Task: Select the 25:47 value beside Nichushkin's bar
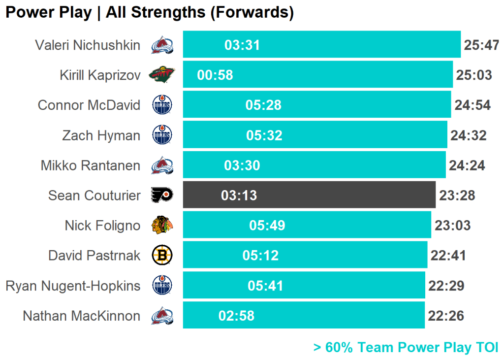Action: (x=481, y=45)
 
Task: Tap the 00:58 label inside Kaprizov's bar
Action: (x=215, y=75)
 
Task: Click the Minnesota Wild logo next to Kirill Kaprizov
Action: (x=162, y=75)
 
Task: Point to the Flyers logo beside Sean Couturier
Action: (x=162, y=195)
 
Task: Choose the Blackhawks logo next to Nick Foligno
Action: (x=162, y=225)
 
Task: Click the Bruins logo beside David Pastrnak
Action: (x=162, y=255)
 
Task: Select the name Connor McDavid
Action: (x=89, y=105)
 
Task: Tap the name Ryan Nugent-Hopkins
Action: (x=73, y=286)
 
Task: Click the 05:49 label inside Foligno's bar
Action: (x=267, y=226)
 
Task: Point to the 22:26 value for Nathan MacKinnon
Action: (x=446, y=316)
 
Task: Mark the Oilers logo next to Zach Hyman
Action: (x=162, y=135)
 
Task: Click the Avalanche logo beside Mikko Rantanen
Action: (x=162, y=165)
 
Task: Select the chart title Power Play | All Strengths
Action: (x=150, y=12)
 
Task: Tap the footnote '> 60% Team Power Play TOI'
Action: (x=406, y=347)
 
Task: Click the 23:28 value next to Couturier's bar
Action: (x=457, y=196)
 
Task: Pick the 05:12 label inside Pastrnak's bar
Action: (x=260, y=256)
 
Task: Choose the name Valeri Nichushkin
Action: (x=88, y=45)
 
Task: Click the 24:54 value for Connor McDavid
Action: (x=472, y=105)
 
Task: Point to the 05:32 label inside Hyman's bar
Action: (x=264, y=135)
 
